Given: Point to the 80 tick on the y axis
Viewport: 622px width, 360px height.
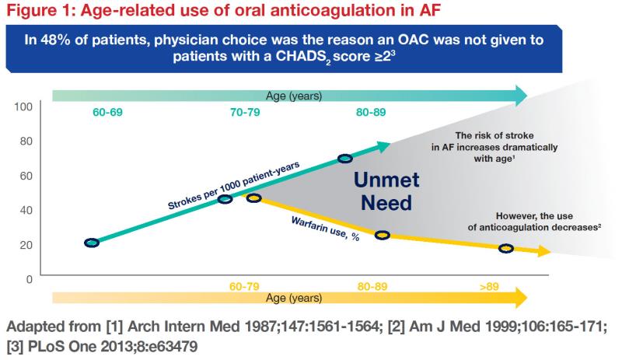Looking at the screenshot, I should click(x=25, y=141).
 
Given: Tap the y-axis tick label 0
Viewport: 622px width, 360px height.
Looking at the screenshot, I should click(x=28, y=278).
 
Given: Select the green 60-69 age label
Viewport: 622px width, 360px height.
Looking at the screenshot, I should click(x=107, y=112).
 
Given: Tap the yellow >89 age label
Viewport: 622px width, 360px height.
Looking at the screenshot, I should click(x=489, y=286).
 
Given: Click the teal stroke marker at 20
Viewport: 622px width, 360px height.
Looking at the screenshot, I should click(x=92, y=243).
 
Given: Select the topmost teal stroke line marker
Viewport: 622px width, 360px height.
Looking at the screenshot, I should click(x=345, y=159).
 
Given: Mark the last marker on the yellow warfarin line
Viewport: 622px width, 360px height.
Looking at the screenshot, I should click(x=506, y=248).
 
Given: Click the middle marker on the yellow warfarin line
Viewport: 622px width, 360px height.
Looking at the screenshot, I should click(x=382, y=234).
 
